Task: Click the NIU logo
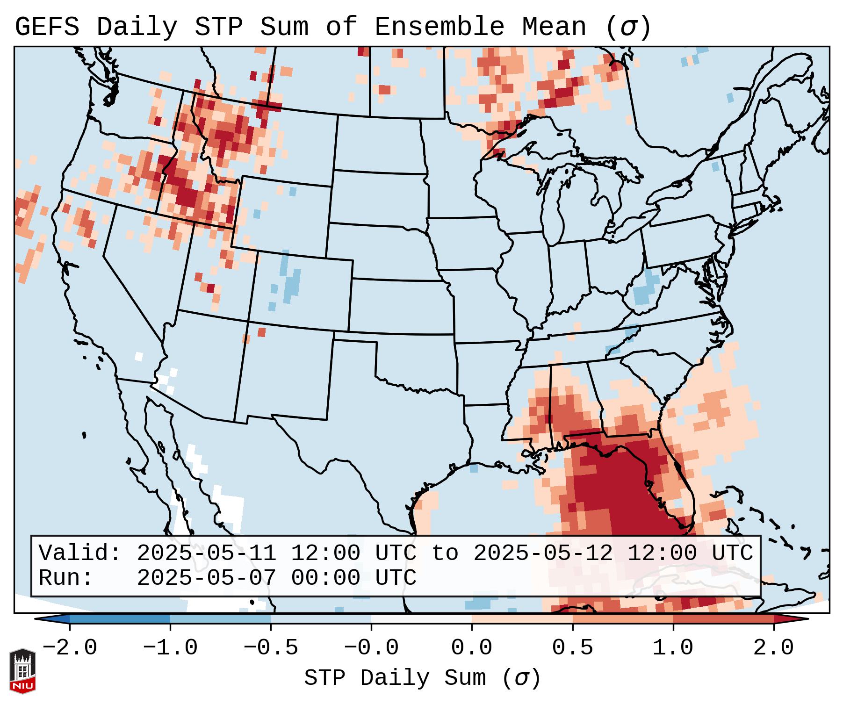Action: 22,670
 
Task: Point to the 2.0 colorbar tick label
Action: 773,648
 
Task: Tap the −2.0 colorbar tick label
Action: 70,648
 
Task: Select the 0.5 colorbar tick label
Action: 572,648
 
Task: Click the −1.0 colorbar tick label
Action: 170,648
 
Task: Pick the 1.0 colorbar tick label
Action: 673,648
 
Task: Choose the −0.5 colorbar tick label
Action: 271,648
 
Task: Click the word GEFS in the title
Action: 47,27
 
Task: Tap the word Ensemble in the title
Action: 440,27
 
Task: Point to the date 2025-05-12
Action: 543,553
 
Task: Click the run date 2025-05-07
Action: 206,578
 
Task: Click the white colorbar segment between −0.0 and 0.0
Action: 421,619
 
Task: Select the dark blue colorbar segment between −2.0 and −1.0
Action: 120,619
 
